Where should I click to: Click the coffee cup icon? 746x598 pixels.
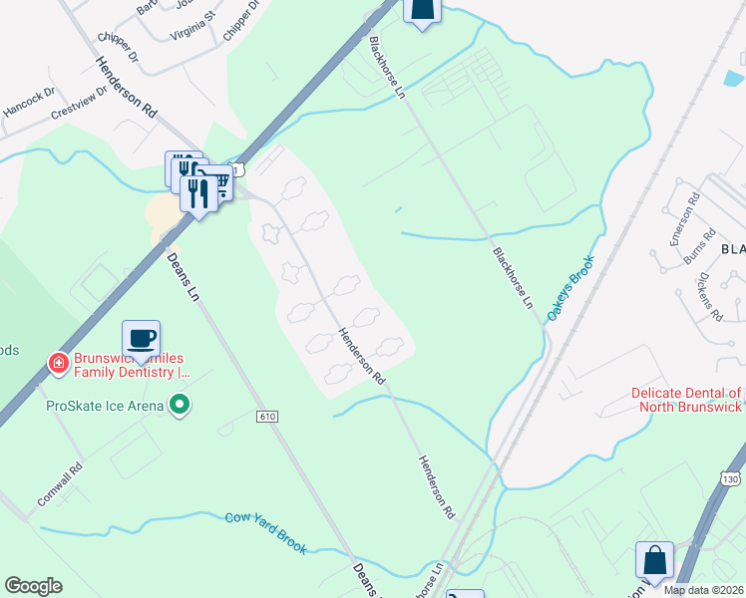point(141,338)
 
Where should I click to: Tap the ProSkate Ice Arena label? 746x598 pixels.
point(106,405)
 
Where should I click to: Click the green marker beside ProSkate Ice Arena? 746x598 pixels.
point(180,404)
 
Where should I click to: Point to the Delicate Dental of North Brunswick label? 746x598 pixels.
point(686,400)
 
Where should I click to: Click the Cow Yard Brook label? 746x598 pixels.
point(265,532)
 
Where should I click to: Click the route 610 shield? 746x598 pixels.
point(265,416)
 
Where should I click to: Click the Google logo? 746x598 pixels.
point(33,586)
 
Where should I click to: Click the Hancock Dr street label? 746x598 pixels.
point(28,103)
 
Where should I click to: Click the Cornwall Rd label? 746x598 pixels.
point(61,485)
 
